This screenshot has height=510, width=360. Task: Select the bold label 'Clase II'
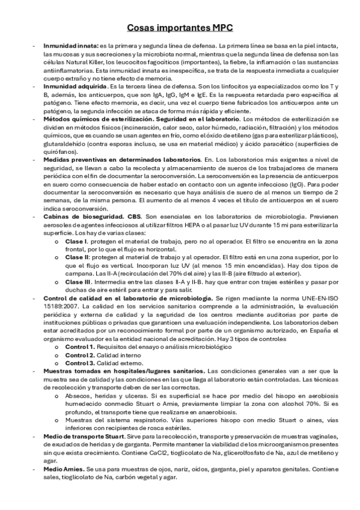coord(76,257)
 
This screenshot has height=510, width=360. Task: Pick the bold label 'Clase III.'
coord(78,281)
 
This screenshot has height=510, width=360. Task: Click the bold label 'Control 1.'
coord(80,348)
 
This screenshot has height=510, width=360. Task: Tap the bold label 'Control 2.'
coord(80,355)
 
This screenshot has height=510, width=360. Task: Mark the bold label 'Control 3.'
coord(80,363)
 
